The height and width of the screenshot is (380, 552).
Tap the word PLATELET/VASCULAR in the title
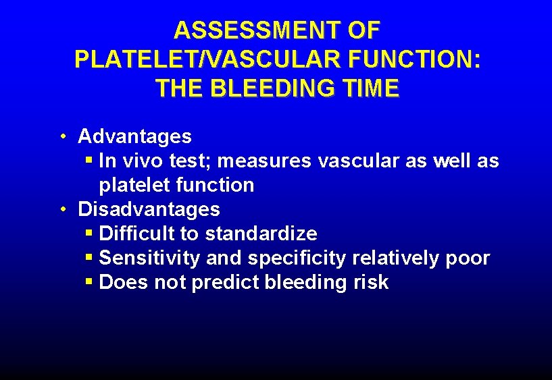click(209, 59)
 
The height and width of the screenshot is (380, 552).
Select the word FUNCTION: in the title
click(416, 59)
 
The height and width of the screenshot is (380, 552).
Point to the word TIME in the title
click(370, 88)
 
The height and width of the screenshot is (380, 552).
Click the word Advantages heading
click(134, 136)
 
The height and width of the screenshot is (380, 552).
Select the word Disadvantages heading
click(149, 209)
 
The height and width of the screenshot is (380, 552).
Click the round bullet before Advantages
click(61, 136)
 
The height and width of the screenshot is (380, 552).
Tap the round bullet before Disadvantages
click(61, 209)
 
